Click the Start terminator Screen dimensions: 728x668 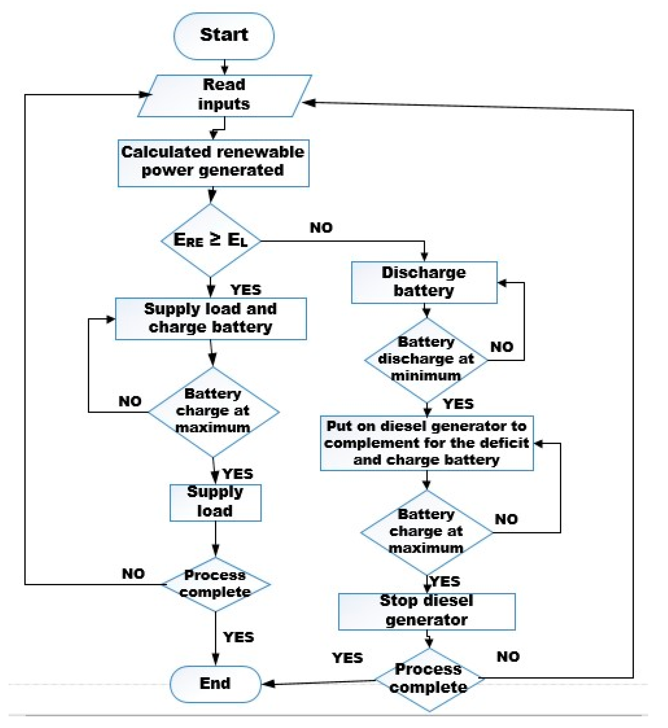click(x=224, y=36)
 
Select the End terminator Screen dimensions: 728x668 click(x=215, y=683)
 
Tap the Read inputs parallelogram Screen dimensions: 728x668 click(x=224, y=95)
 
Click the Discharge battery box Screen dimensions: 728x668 click(x=424, y=282)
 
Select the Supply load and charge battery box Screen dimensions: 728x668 click(x=211, y=318)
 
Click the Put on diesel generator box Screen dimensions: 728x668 click(x=427, y=443)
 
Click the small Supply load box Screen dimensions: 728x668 click(x=215, y=502)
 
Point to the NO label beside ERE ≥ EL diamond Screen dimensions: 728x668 click(x=321, y=228)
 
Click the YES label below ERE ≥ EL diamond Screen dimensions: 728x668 click(x=246, y=290)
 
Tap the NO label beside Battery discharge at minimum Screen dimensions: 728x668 click(x=502, y=347)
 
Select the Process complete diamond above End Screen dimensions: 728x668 click(x=216, y=584)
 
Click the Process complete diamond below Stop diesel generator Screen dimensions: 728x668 click(x=429, y=679)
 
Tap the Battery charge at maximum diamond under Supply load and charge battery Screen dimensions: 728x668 click(x=213, y=411)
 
